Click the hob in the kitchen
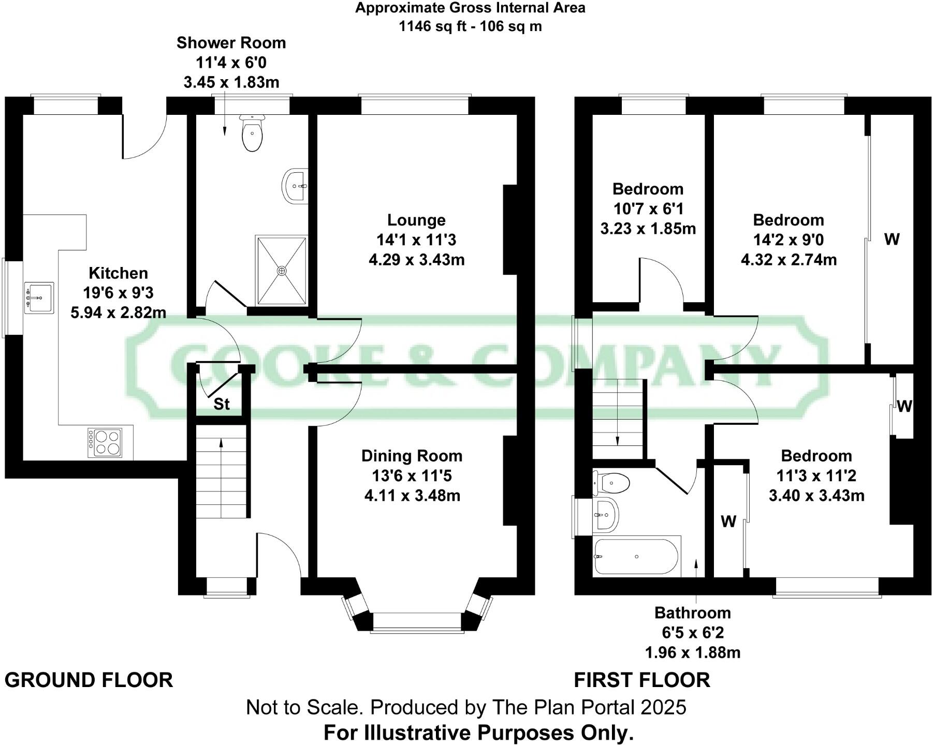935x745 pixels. (x=105, y=443)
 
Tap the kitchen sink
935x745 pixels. (x=39, y=298)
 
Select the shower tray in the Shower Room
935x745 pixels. (x=282, y=271)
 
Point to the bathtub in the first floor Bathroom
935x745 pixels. (x=636, y=557)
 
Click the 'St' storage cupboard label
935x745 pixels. (x=222, y=404)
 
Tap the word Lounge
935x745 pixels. (x=416, y=220)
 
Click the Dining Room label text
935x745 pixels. (x=412, y=456)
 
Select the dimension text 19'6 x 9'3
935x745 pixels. (x=118, y=293)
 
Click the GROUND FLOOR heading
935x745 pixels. (x=89, y=680)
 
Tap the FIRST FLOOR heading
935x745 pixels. (x=642, y=680)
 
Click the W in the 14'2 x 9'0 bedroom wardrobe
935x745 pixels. (x=892, y=239)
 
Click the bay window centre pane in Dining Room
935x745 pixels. (x=416, y=622)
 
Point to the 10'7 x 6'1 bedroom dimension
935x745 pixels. (x=648, y=209)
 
